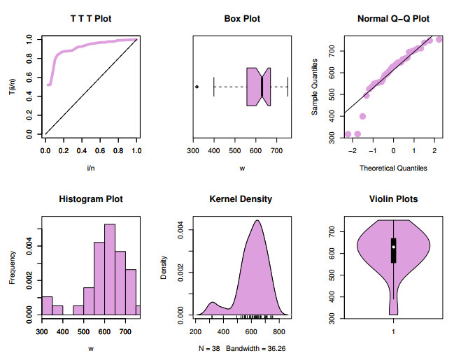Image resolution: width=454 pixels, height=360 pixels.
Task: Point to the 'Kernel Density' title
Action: (x=241, y=199)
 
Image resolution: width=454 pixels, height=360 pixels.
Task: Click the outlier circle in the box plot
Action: (x=197, y=87)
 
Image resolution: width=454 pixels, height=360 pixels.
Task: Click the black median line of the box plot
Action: (x=262, y=87)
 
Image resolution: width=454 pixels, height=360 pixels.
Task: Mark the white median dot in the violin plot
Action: (x=394, y=247)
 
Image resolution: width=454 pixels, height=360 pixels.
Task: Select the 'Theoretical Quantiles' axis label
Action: (x=392, y=168)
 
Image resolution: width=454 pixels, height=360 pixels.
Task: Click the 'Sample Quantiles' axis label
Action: (x=315, y=87)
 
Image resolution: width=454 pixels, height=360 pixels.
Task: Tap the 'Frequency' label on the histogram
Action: (x=13, y=268)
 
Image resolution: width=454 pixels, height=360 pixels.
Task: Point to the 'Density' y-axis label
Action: (x=164, y=268)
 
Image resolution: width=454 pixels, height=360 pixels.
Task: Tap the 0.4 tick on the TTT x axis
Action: (x=82, y=150)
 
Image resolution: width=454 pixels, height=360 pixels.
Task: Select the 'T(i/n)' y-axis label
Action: (x=13, y=87)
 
